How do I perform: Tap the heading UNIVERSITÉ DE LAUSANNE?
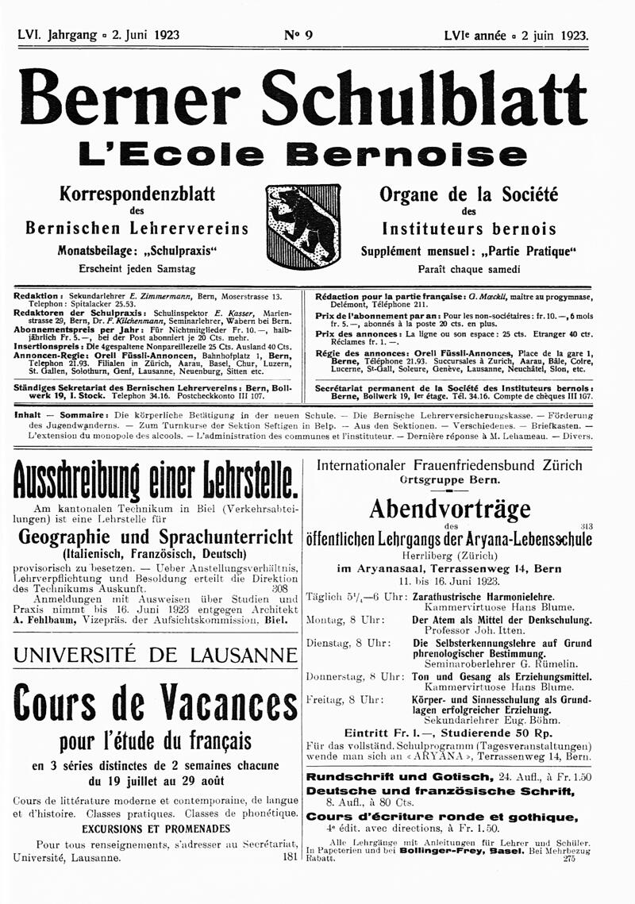(x=156, y=655)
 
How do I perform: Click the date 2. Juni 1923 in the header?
(x=141, y=35)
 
